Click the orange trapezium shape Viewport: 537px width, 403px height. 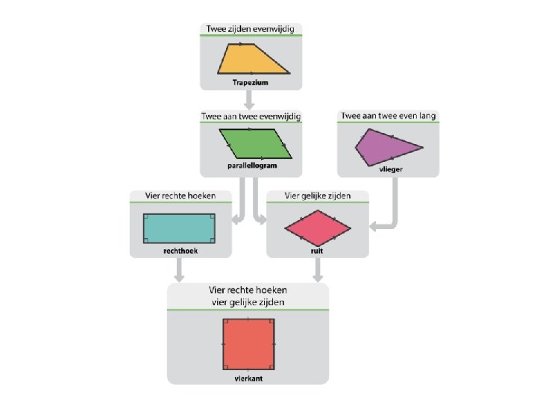pyautogui.click(x=251, y=60)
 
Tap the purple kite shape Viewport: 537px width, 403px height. pyautogui.click(x=384, y=148)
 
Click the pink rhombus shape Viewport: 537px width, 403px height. pyautogui.click(x=317, y=227)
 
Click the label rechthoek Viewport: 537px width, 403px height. pyautogui.click(x=178, y=252)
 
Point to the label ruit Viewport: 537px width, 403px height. pyautogui.click(x=317, y=252)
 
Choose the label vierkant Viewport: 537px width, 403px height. pyautogui.click(x=248, y=378)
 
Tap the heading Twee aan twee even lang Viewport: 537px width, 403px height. pyautogui.click(x=388, y=116)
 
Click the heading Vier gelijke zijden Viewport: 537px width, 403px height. pyautogui.click(x=317, y=196)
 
